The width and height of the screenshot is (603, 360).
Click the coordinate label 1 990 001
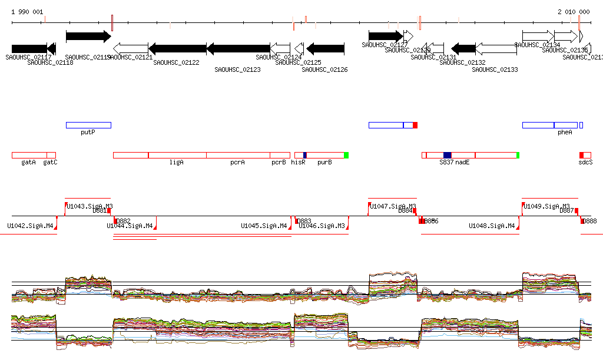[x=27, y=12]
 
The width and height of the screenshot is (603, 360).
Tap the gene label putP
[x=88, y=133]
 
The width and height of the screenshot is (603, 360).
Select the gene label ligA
[x=177, y=162]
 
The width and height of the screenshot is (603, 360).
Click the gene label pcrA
[x=237, y=162]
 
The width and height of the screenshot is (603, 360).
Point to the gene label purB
[x=324, y=162]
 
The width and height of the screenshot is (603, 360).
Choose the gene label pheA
[x=565, y=133]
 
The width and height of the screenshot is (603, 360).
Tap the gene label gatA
[x=28, y=162]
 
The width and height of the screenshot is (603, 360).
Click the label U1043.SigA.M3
[x=90, y=206]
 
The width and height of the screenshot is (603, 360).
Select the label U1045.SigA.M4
[x=264, y=226]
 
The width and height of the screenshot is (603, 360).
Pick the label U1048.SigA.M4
[x=492, y=226]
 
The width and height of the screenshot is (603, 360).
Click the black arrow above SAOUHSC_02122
[x=177, y=48]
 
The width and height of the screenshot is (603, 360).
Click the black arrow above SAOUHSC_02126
[x=325, y=48]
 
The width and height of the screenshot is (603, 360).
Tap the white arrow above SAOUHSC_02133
[x=496, y=48]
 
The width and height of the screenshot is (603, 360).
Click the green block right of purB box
[x=346, y=155]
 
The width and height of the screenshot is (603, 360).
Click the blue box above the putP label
[x=88, y=125]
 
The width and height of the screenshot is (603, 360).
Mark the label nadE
[x=462, y=162]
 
